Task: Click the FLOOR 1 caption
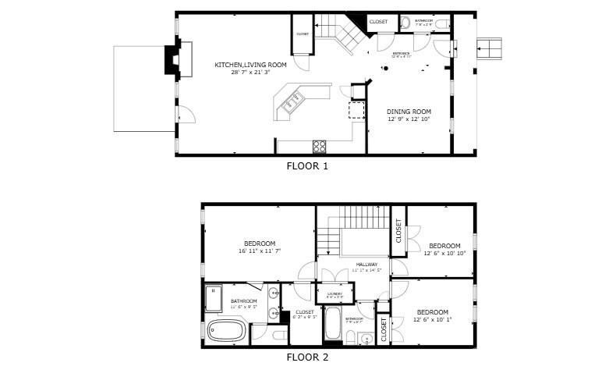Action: point(307,165)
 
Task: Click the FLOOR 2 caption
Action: point(307,357)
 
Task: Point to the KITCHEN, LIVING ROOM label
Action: point(250,64)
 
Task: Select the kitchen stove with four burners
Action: point(319,146)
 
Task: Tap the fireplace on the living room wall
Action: point(171,60)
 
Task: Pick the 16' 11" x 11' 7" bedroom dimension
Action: point(259,251)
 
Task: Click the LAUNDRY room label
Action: point(335,293)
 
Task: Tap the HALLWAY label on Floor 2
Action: point(366,265)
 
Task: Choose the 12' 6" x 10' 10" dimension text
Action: point(444,253)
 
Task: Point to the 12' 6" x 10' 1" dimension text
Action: point(431,319)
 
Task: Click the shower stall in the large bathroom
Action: point(213,297)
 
